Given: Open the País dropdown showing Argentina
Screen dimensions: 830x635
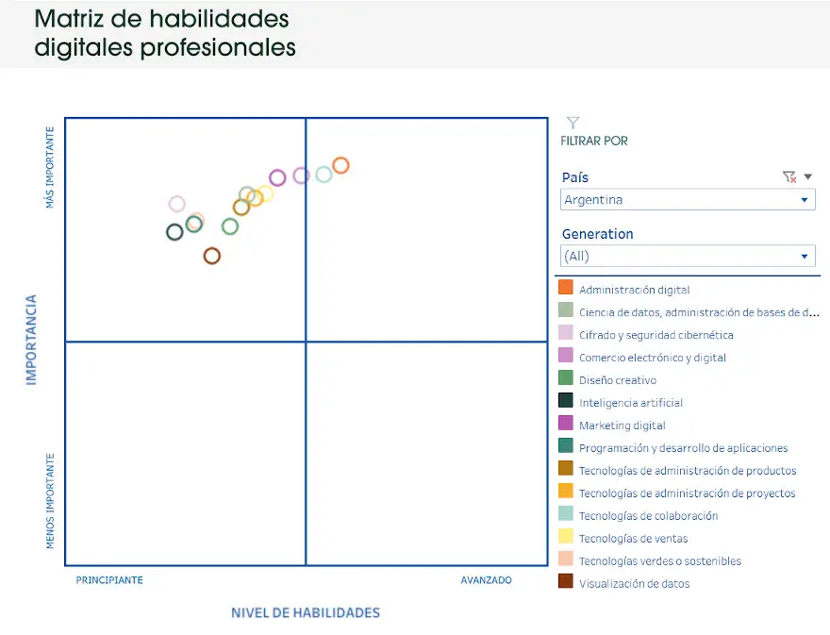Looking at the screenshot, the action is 688,200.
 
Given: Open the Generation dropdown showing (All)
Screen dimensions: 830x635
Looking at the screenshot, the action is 688,257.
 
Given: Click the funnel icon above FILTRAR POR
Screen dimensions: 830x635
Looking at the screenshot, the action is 573,123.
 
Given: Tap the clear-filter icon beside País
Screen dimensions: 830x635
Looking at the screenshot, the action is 789,176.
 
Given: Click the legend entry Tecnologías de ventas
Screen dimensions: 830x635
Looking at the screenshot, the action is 633,539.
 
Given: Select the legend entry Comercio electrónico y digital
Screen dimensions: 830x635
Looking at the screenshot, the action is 652,358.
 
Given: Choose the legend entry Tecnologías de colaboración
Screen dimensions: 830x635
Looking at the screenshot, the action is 649,516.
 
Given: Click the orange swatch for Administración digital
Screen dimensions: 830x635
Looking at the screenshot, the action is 566,287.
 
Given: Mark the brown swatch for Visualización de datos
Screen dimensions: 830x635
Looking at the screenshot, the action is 566,581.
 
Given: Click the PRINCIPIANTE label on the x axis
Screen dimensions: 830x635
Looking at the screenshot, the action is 109,580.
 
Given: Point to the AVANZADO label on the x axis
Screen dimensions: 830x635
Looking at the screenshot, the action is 486,580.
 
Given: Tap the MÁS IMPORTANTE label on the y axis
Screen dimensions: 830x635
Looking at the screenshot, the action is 50,167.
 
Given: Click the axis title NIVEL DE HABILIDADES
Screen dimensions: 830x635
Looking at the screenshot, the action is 306,612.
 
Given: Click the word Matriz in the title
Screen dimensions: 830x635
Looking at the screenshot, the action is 69,19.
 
